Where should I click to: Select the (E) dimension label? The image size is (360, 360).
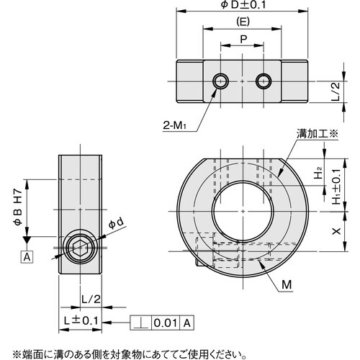[x=243, y=22]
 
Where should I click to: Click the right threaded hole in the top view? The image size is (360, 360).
[x=264, y=81]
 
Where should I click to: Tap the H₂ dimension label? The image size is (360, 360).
[x=318, y=174]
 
